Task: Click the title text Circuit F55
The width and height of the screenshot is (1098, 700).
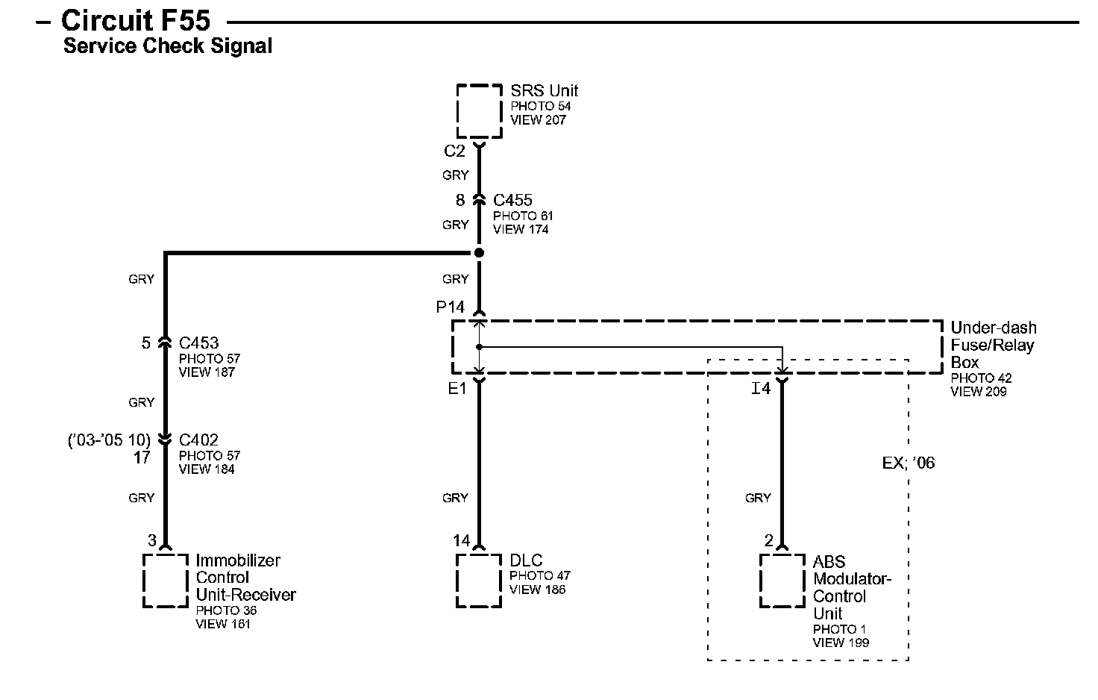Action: pyautogui.click(x=136, y=20)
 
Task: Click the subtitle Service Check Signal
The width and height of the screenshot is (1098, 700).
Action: pyautogui.click(x=167, y=46)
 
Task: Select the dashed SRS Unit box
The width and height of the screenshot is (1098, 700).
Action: pyautogui.click(x=479, y=111)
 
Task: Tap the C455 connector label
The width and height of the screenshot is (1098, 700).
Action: pyautogui.click(x=512, y=200)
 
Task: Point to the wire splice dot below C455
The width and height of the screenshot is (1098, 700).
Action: pyautogui.click(x=479, y=253)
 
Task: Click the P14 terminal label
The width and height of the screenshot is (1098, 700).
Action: pyautogui.click(x=451, y=307)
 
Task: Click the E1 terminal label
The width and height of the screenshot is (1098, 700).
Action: pyautogui.click(x=457, y=388)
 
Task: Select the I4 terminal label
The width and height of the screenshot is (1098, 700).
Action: pyautogui.click(x=760, y=388)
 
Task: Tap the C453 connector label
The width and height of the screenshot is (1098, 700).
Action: pyautogui.click(x=198, y=343)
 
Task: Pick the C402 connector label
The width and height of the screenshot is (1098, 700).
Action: pyautogui.click(x=198, y=440)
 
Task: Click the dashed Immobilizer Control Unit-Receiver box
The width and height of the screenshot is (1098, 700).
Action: pyautogui.click(x=166, y=581)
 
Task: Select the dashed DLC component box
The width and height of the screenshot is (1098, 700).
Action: pyautogui.click(x=479, y=581)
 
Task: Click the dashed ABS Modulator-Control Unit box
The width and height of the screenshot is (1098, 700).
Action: pyautogui.click(x=782, y=581)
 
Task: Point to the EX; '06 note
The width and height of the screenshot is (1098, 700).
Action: pyautogui.click(x=908, y=463)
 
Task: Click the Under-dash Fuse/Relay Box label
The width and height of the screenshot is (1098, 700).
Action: pyautogui.click(x=993, y=345)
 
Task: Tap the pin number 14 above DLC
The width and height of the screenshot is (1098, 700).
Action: pyautogui.click(x=461, y=540)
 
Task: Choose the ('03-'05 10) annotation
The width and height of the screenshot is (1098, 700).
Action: pyautogui.click(x=109, y=440)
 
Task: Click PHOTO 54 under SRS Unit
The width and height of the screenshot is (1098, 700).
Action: pyautogui.click(x=540, y=106)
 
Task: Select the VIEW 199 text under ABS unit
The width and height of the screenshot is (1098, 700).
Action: pyautogui.click(x=841, y=643)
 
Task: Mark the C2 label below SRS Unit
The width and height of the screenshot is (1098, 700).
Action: pyautogui.click(x=454, y=151)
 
